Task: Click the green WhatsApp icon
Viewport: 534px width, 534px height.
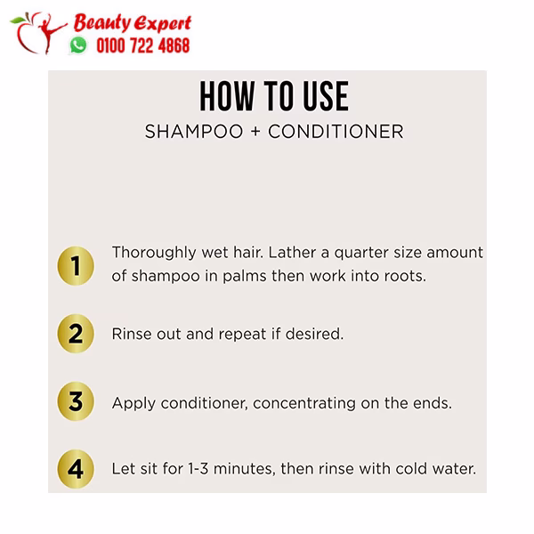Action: tap(78, 45)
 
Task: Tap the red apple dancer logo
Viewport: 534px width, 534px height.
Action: tap(38, 33)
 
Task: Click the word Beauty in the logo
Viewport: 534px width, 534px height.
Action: tap(102, 23)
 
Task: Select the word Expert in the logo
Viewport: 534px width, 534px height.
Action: tap(163, 24)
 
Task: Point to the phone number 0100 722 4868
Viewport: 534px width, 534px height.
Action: tap(142, 45)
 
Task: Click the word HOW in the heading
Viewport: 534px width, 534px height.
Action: tap(227, 96)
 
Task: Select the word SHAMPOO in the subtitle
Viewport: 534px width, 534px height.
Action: tap(194, 132)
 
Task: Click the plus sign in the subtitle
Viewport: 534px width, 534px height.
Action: tap(255, 132)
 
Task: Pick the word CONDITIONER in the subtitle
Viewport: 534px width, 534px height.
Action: tap(336, 132)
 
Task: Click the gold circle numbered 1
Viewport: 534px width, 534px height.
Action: tap(76, 265)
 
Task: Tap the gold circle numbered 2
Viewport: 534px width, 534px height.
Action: tap(76, 334)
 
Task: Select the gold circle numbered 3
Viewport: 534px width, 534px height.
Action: tap(76, 401)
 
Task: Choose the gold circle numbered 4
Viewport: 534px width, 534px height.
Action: tap(76, 469)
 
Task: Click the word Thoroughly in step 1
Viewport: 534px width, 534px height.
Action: tap(154, 253)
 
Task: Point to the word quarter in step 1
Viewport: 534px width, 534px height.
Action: tap(361, 254)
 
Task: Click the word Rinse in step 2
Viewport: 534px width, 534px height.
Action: tap(132, 334)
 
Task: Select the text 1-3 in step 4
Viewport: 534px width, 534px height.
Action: tap(198, 469)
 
